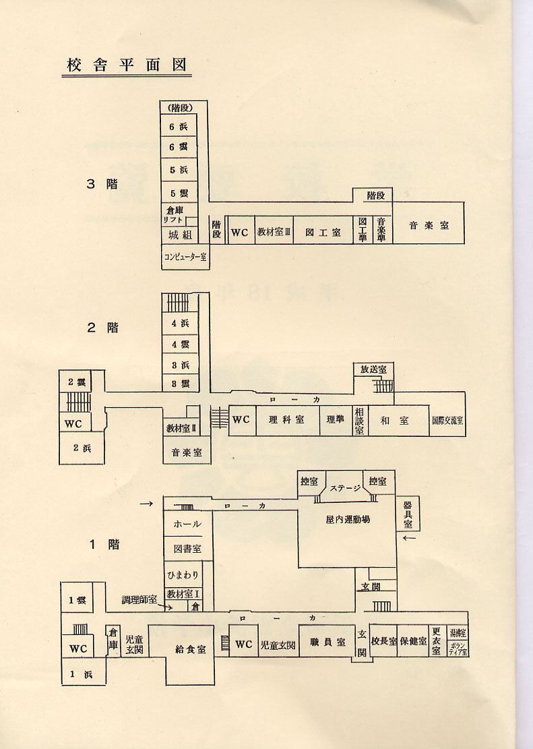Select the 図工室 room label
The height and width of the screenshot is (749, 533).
pyautogui.click(x=323, y=232)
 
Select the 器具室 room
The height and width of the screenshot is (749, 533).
pyautogui.click(x=408, y=514)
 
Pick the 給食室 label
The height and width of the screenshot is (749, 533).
pyautogui.click(x=190, y=649)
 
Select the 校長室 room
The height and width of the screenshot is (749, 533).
pyautogui.click(x=383, y=641)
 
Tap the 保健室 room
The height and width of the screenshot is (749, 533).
pyautogui.click(x=413, y=641)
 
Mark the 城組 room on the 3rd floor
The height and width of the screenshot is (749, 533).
pyautogui.click(x=179, y=235)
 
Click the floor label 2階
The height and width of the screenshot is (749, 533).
pyautogui.click(x=102, y=328)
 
